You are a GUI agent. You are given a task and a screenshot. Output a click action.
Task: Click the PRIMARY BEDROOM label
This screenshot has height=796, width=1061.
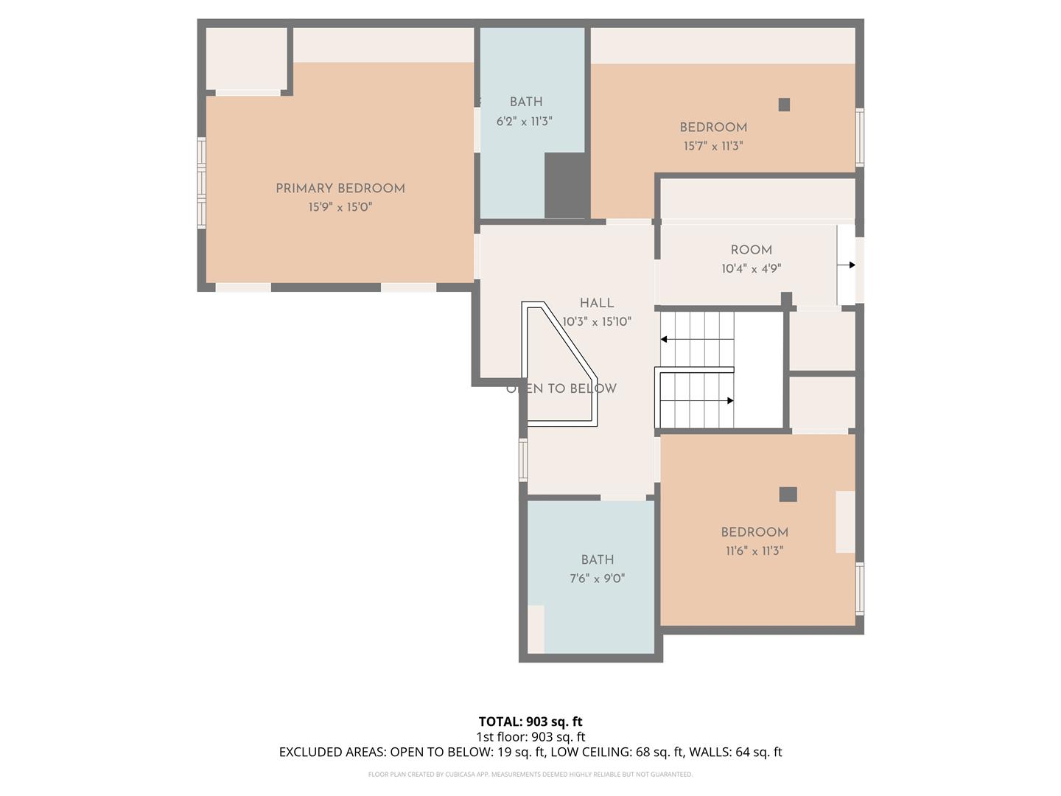coord(340,189)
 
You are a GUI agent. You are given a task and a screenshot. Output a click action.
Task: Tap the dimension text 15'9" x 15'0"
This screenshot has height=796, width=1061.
coord(340,208)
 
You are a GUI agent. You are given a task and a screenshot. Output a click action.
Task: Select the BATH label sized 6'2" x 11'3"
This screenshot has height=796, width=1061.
coord(526,102)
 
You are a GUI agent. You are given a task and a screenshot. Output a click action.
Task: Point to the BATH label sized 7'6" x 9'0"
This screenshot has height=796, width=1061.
coord(597,560)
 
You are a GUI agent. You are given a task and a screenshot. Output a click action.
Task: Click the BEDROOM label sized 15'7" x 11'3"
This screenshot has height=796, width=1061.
coord(713,128)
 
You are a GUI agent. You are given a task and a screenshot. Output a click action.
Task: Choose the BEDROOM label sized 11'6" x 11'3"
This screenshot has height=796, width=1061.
coord(754,532)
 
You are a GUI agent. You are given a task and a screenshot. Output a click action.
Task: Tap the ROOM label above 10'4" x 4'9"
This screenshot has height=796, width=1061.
coord(752,251)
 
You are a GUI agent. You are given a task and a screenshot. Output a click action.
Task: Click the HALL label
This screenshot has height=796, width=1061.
coord(597,303)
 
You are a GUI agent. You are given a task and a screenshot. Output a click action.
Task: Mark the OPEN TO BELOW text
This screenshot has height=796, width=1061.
coord(561,389)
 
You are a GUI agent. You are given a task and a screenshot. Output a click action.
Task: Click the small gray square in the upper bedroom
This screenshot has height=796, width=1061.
coord(784,105)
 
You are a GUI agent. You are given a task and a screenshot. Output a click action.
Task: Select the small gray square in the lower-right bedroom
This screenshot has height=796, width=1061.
coord(788,495)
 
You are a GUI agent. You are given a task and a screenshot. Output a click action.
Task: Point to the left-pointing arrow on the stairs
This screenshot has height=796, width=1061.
coord(665,340)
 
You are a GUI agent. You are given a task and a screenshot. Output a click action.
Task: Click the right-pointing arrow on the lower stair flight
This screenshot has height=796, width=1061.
coord(729,401)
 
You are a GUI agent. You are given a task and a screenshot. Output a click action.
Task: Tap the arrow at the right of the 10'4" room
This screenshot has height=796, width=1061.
coord(850,265)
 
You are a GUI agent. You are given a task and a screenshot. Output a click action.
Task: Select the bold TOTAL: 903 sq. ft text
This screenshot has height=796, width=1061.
coord(530,722)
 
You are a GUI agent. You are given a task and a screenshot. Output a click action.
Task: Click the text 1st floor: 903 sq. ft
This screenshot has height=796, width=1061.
coord(530,737)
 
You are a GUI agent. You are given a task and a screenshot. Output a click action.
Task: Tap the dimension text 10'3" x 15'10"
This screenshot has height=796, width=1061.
coord(597,322)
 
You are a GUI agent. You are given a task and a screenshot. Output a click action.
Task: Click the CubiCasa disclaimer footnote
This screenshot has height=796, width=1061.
coord(530,775)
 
